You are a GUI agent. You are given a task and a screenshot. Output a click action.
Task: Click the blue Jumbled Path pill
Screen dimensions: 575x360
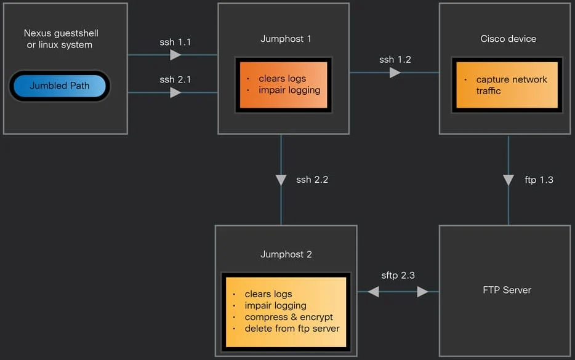coord(59,86)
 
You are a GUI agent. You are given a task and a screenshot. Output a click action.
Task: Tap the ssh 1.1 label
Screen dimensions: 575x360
coord(175,42)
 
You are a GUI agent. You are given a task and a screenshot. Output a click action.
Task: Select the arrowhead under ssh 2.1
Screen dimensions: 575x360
coord(175,92)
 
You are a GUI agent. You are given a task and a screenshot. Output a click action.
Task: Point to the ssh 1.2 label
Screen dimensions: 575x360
coord(395,60)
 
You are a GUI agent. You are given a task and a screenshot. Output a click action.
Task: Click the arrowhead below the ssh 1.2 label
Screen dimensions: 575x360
coord(395,73)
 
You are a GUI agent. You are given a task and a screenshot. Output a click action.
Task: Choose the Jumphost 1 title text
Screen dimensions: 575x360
coord(286,39)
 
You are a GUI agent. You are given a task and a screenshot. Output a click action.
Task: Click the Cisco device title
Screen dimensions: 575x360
coord(509,39)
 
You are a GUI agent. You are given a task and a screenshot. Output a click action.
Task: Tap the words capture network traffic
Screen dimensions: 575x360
coord(512,85)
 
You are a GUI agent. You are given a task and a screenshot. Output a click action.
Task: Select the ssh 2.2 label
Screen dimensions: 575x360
coord(312,180)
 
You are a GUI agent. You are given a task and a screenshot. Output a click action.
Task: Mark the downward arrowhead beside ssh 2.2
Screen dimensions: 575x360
coord(281,180)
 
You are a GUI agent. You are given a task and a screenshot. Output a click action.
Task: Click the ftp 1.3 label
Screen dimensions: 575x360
coord(539,180)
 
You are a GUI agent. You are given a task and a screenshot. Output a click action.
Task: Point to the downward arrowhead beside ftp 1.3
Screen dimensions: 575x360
coord(509,180)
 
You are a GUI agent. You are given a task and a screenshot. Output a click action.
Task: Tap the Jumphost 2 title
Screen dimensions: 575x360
coord(286,254)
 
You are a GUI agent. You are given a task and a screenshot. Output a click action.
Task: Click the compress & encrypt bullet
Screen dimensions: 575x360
coord(289,317)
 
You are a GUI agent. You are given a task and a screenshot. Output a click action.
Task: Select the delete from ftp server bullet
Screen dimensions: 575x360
coord(292,329)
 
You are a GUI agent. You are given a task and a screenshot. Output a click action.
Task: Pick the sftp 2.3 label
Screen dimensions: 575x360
coord(398,275)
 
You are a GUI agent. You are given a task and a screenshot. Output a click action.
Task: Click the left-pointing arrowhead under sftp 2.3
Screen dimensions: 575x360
coord(373,292)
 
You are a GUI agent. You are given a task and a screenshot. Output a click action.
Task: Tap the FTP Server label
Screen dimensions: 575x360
coord(507,290)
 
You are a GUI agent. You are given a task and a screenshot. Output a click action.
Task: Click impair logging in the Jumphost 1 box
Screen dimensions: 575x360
coord(289,90)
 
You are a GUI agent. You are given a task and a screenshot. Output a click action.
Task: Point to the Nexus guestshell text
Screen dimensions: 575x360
coord(61,33)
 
